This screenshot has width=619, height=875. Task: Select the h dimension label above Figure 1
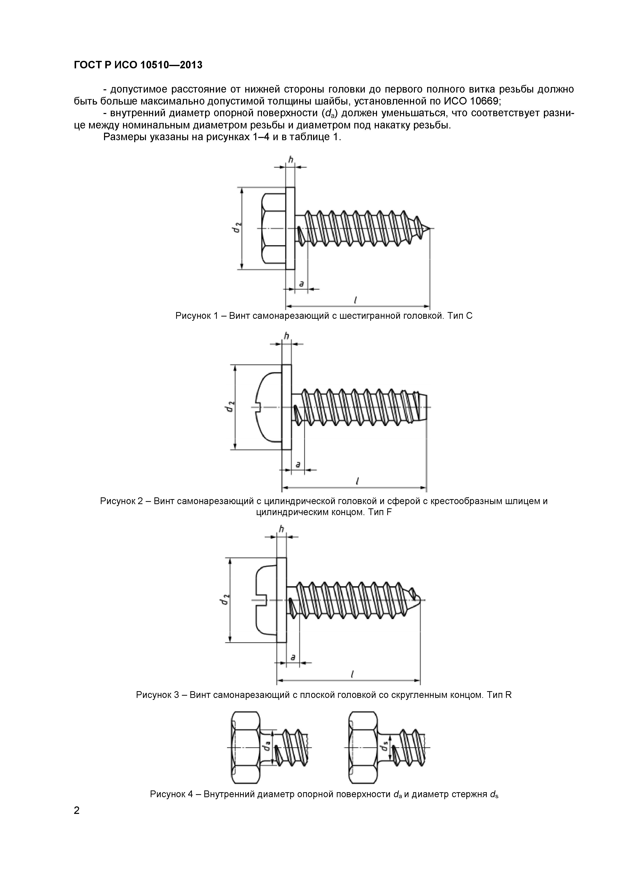coord(290,160)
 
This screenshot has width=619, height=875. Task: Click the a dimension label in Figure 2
coord(298,464)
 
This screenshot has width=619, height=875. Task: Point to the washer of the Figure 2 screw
coord(286,407)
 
